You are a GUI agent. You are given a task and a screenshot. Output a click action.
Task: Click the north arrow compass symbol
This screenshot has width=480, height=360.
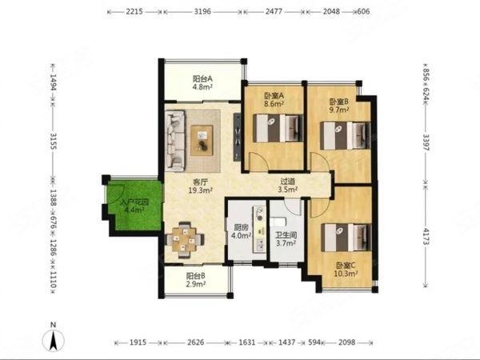pyautogui.click(x=54, y=338)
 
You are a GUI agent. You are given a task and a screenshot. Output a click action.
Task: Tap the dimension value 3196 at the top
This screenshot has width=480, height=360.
pyautogui.click(x=202, y=12)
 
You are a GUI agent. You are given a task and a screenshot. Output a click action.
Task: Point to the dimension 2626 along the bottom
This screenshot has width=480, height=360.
pyautogui.click(x=195, y=342)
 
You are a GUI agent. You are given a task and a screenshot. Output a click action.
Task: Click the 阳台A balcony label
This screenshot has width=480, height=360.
pyautogui.click(x=202, y=78)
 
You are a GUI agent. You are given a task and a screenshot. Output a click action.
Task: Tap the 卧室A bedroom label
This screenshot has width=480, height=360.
pyautogui.click(x=274, y=96)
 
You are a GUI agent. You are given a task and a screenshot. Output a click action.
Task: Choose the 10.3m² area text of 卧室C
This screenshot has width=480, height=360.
pyautogui.click(x=346, y=274)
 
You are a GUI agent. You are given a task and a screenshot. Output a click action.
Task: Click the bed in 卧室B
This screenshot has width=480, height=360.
pyautogui.click(x=345, y=136)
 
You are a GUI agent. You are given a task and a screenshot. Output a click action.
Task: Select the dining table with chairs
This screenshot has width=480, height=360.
pyautogui.click(x=185, y=240)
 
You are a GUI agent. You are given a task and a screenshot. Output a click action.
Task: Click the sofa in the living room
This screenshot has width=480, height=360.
pyautogui.click(x=175, y=140)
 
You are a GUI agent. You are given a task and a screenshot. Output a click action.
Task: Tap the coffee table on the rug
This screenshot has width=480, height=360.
pyautogui.click(x=202, y=140)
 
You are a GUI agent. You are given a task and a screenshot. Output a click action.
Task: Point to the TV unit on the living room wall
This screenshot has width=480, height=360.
pyautogui.click(x=237, y=137)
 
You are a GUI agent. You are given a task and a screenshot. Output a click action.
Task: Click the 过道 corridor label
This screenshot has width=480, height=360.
pyautogui.click(x=287, y=182)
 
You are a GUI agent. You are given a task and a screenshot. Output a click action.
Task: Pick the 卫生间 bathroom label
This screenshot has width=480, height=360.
pyautogui.click(x=286, y=235)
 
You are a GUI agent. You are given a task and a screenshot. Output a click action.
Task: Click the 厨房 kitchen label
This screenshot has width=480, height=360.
pyautogui.click(x=241, y=227)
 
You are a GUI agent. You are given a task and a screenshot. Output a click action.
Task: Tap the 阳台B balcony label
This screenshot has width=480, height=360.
pyautogui.click(x=196, y=276)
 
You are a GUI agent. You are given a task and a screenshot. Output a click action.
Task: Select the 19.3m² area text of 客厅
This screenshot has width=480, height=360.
pyautogui.click(x=201, y=190)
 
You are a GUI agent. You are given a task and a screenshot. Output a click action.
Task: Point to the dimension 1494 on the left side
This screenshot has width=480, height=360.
pyautogui.click(x=53, y=82)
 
